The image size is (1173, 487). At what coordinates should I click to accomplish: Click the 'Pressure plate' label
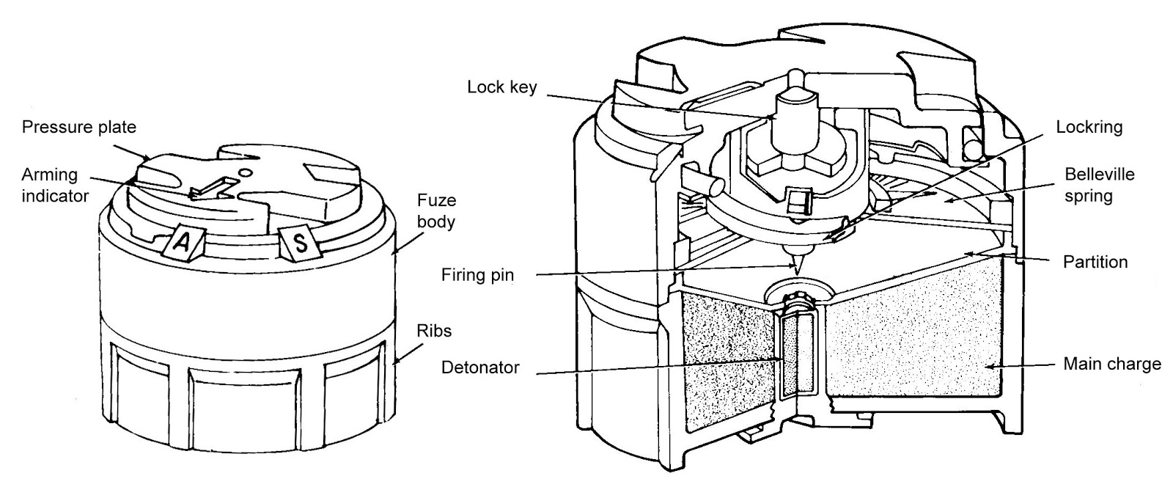(x=78, y=127)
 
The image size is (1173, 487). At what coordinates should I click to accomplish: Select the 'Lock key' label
(x=501, y=87)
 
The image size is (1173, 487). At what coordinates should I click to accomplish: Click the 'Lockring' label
(x=1089, y=127)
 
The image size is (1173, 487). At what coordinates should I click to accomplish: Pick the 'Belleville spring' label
(x=1100, y=185)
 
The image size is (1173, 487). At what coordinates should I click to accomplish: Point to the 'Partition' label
(x=1095, y=262)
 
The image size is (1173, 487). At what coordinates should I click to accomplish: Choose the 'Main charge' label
(x=1111, y=364)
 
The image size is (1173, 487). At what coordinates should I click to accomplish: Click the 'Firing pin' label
(x=477, y=276)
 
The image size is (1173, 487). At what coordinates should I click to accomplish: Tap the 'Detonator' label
(x=479, y=367)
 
